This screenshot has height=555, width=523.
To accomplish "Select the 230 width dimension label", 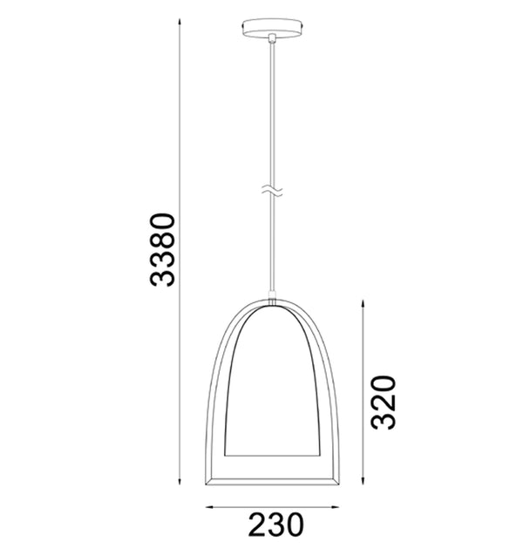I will click(x=276, y=525).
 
